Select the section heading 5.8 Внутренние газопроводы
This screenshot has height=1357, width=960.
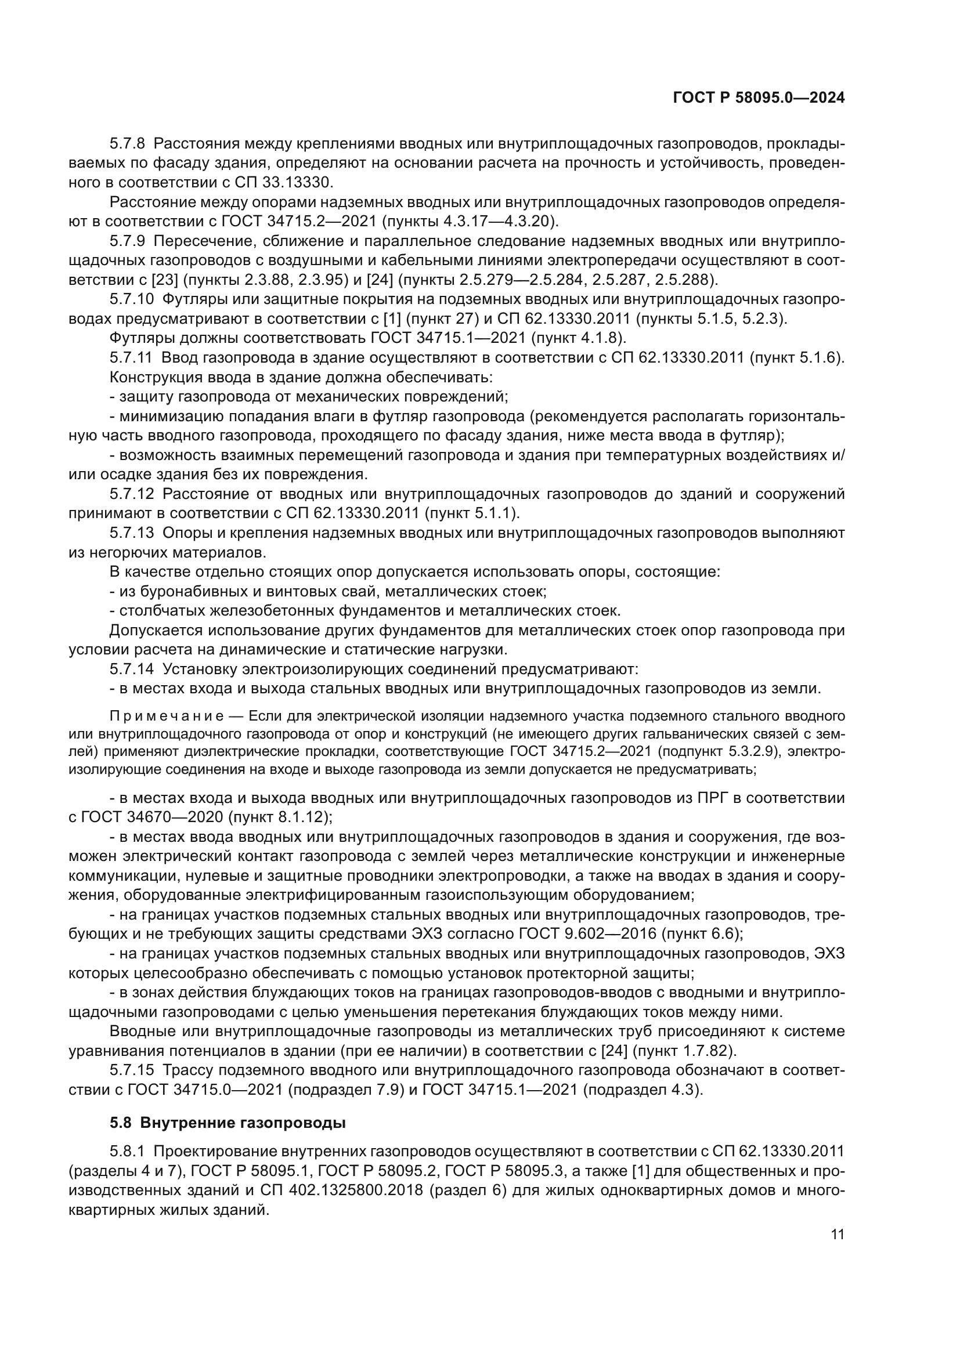click(228, 1123)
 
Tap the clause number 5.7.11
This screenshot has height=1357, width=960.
click(131, 358)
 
